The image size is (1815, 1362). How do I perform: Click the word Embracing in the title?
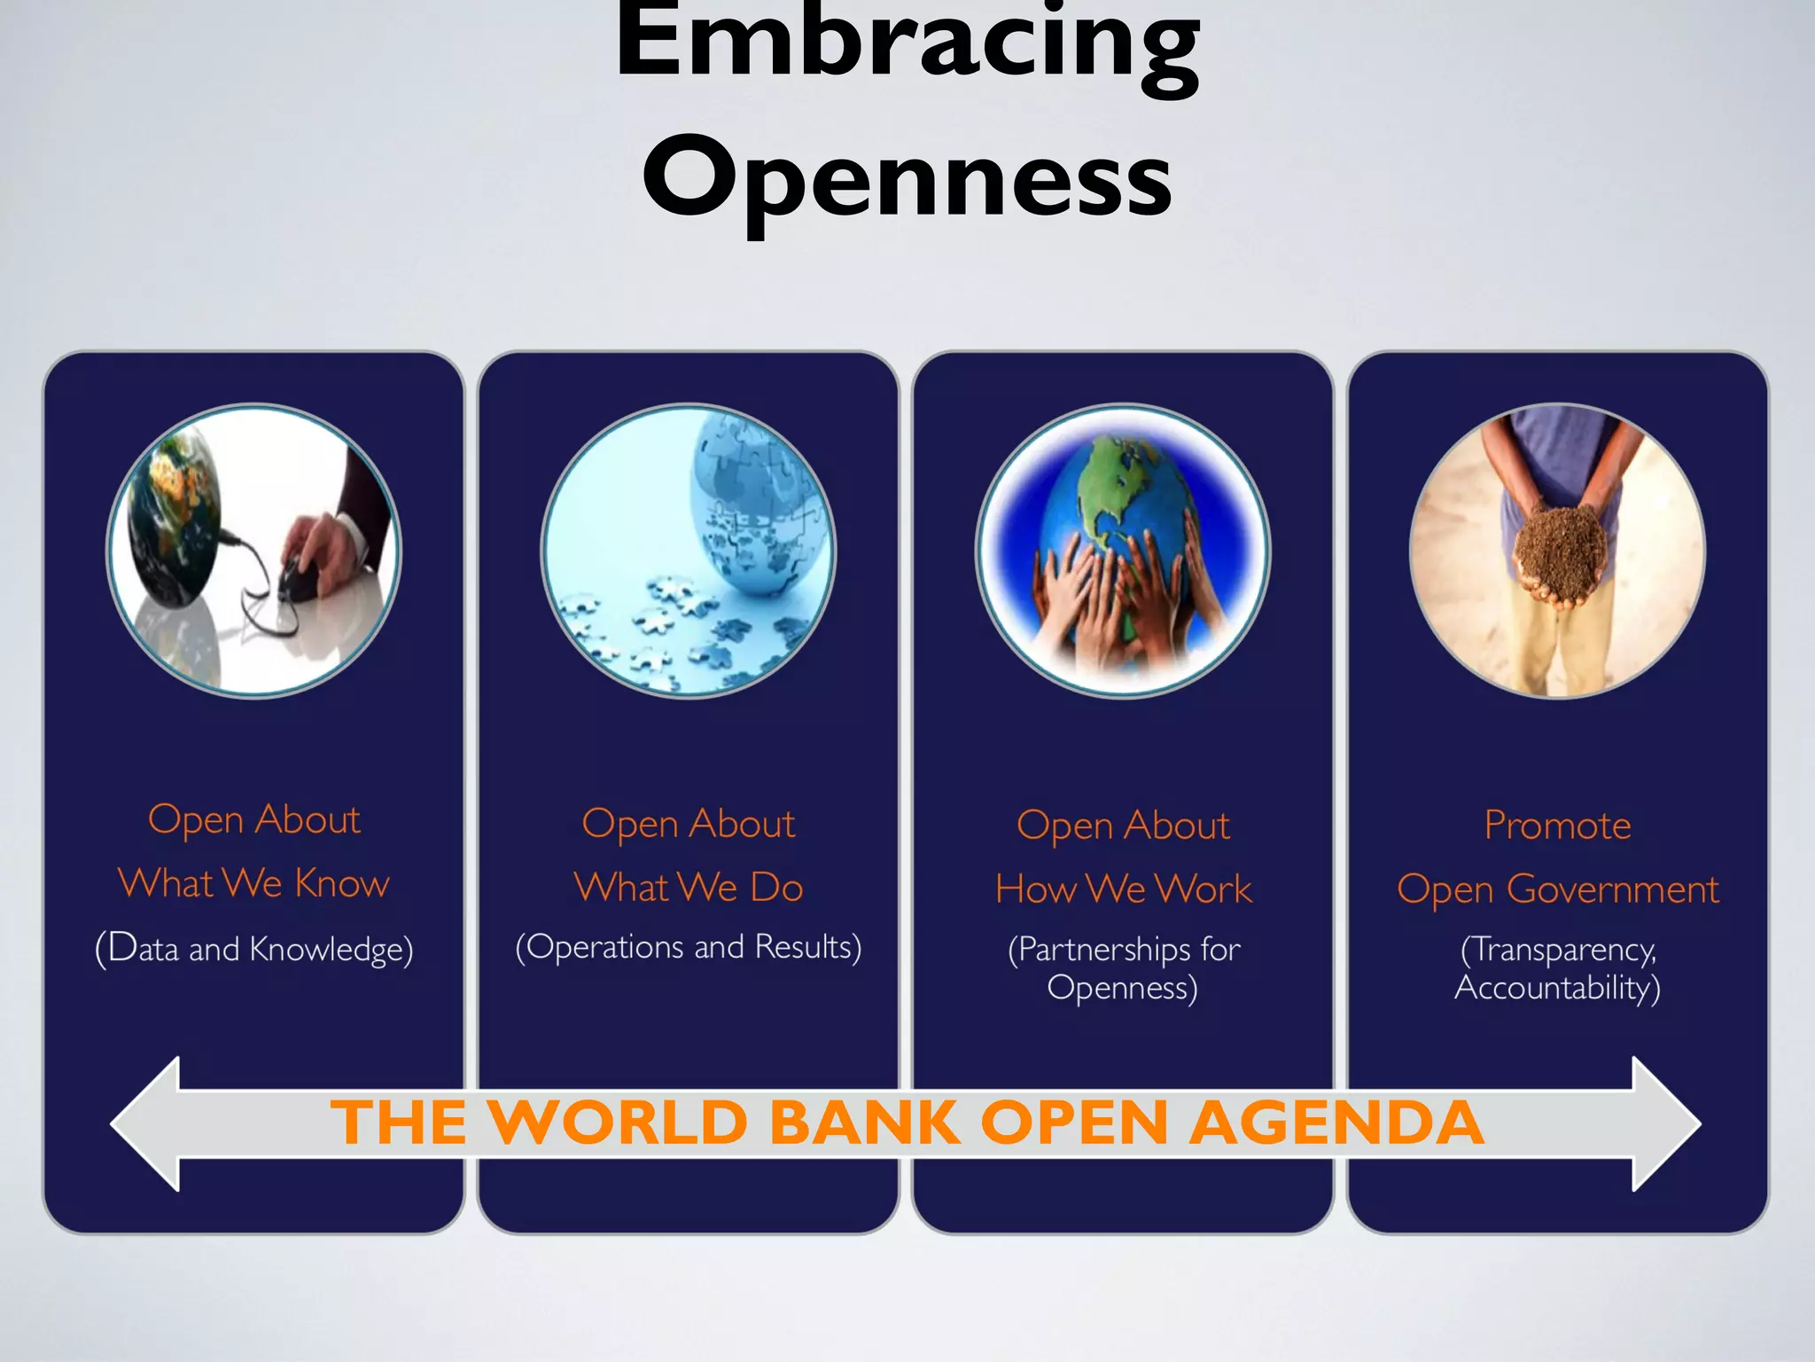[907, 44]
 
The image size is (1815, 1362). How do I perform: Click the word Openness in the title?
[907, 177]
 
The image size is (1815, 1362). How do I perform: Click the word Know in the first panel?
[342, 883]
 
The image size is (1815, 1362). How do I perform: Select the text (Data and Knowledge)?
[254, 949]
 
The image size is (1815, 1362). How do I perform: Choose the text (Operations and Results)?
[689, 947]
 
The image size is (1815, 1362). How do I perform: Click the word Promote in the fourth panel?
[1557, 826]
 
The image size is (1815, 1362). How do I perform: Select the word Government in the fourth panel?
[1613, 889]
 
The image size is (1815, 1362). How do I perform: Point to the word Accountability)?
[1557, 988]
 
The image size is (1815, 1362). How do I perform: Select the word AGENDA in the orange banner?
[1336, 1123]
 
